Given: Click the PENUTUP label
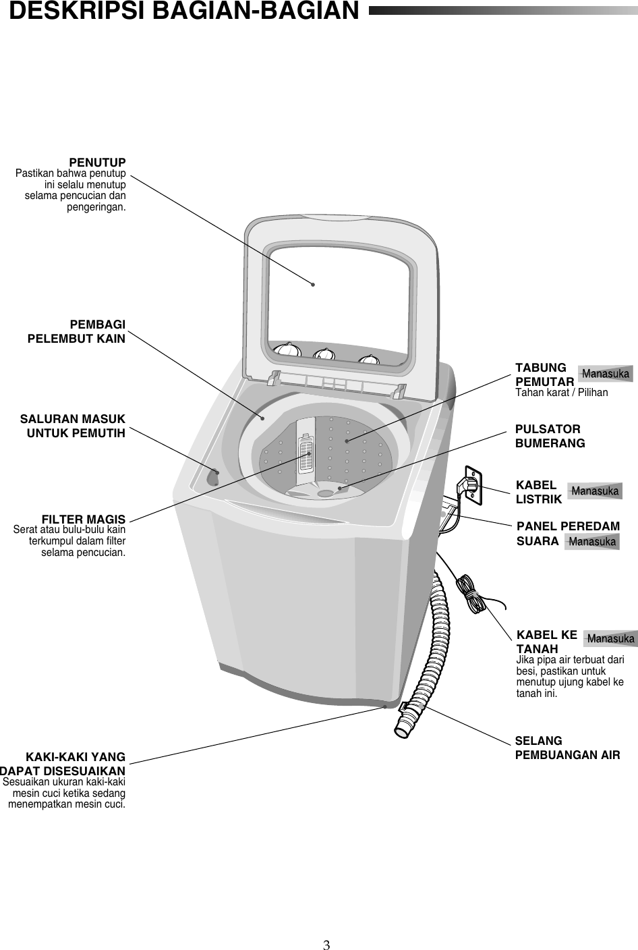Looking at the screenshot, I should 97,163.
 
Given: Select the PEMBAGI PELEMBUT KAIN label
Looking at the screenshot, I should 76,331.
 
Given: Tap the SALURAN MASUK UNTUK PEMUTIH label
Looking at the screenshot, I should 73,426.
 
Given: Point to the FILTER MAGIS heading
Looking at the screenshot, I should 84,519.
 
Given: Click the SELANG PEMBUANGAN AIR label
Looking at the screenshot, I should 567,748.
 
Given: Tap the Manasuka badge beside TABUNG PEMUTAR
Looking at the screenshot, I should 606,374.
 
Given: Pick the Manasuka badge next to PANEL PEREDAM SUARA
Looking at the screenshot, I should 591,541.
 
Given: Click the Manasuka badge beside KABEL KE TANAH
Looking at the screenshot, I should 610,638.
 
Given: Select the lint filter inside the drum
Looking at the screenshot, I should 306,452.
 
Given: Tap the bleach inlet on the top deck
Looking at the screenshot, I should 213,476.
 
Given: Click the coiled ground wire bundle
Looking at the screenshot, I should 471,594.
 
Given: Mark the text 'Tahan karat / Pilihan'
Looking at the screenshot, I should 561,392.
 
